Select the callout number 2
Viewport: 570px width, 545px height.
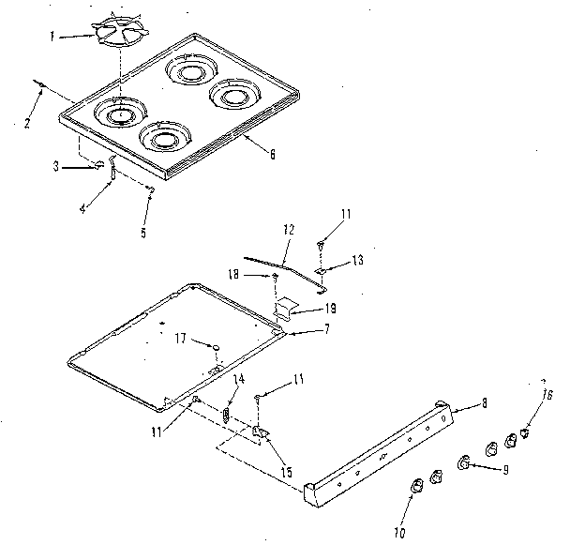coord(26,122)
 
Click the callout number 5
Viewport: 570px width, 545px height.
coord(143,232)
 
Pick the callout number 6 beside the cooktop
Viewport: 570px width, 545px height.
coord(271,154)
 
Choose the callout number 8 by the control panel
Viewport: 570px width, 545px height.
coord(484,403)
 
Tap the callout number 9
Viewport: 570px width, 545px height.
coord(505,469)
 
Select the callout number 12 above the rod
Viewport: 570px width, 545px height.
coord(288,228)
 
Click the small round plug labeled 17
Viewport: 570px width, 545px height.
coord(215,348)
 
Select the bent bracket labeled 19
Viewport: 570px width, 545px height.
coord(288,307)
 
